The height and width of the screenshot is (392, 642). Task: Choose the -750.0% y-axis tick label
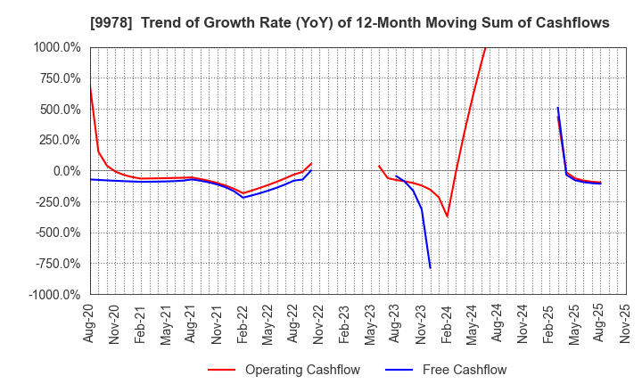point(60,264)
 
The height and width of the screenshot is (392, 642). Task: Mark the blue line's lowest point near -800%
point(430,268)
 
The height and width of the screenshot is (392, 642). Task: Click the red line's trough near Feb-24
point(447,216)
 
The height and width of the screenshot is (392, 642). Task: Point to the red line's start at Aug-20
point(90,86)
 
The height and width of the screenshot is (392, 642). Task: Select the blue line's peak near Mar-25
point(557,108)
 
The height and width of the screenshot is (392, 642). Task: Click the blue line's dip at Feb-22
point(243,197)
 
